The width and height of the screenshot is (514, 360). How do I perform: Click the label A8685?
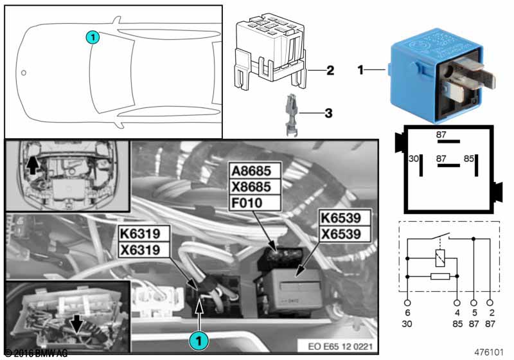(256, 172)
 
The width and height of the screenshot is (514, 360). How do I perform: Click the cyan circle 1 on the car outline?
(93, 38)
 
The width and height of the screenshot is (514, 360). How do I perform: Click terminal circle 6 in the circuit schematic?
(407, 301)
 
